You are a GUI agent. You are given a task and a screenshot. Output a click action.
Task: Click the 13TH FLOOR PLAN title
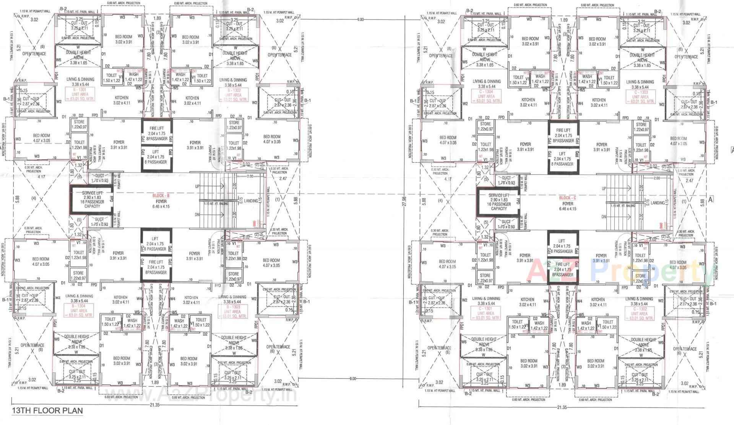[47, 411]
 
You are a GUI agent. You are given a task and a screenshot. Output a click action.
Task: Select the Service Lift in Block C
[499, 202]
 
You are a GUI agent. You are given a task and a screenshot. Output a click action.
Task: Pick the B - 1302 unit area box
[233, 94]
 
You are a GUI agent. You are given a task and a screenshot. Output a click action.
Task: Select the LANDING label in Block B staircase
[251, 201]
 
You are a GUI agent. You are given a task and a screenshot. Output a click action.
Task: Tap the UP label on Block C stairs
[604, 189]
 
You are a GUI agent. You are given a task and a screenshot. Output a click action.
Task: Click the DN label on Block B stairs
[197, 215]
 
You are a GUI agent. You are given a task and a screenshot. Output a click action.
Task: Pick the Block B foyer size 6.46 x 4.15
[161, 207]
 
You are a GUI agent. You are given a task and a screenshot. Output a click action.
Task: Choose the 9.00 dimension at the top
[360, 19]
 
